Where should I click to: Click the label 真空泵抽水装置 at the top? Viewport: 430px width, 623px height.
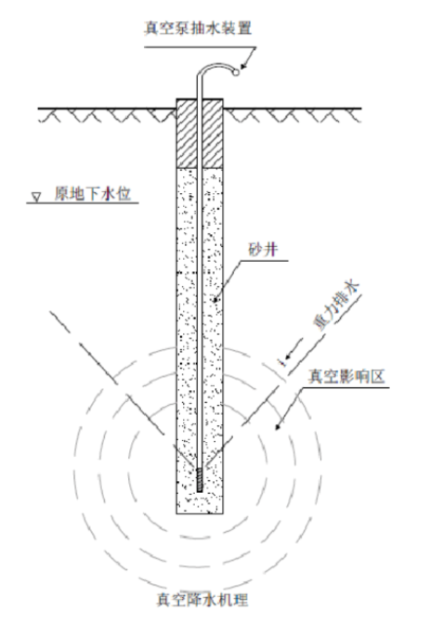click(198, 29)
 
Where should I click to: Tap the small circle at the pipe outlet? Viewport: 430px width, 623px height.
click(236, 72)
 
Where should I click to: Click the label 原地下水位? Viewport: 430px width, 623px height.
click(93, 194)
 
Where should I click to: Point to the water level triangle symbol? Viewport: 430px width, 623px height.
click(36, 197)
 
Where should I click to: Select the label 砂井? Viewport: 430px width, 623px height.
click(263, 250)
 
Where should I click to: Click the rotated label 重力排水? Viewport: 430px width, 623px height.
click(336, 306)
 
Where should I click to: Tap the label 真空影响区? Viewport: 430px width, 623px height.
click(346, 376)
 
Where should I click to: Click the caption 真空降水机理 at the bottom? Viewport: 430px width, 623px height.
click(202, 600)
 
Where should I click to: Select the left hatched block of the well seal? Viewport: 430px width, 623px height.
click(187, 133)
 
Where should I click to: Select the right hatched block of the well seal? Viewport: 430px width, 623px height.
click(213, 133)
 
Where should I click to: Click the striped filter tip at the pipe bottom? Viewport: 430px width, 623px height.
click(200, 480)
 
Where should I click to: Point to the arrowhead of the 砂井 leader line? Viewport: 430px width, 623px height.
click(215, 299)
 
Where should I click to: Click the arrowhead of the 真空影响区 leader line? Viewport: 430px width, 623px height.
click(279, 425)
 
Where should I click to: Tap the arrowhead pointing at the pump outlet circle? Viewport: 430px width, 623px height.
click(243, 67)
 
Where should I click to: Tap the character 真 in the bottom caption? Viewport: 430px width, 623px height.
click(163, 600)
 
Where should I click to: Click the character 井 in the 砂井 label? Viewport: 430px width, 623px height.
click(270, 250)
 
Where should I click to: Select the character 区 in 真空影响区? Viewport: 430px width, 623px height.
click(378, 376)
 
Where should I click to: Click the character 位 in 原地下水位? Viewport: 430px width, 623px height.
click(124, 194)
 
